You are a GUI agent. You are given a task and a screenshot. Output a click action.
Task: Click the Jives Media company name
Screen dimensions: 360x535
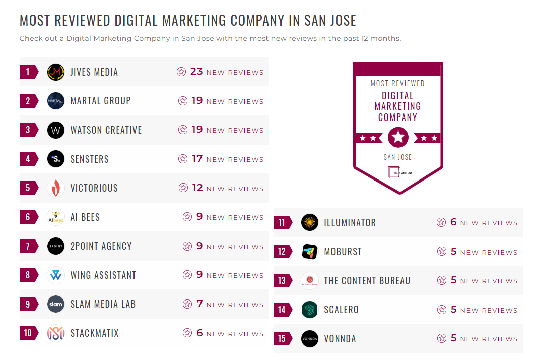(x=94, y=72)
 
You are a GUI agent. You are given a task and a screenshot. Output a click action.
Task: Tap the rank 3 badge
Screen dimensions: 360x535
(x=28, y=130)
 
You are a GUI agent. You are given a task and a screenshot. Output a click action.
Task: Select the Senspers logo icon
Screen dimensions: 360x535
(x=56, y=159)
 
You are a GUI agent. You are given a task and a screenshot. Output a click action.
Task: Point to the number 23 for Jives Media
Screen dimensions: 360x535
(x=196, y=72)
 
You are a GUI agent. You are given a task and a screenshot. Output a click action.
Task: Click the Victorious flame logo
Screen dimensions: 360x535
(x=56, y=188)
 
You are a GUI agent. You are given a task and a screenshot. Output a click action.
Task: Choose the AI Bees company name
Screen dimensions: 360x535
(x=85, y=217)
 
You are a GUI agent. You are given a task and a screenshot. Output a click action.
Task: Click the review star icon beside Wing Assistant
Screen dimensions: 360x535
(x=187, y=275)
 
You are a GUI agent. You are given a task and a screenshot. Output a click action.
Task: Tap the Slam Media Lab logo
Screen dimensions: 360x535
(x=56, y=304)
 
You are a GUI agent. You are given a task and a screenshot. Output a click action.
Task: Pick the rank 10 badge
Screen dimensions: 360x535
(x=28, y=333)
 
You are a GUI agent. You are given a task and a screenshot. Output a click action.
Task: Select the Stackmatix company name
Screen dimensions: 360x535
(x=95, y=333)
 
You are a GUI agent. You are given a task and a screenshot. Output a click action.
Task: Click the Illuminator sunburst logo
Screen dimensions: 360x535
(x=310, y=222)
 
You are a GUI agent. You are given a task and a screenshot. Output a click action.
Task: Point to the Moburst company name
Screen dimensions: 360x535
(x=343, y=252)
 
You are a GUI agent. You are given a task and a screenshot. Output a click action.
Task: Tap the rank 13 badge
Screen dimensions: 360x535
(x=282, y=281)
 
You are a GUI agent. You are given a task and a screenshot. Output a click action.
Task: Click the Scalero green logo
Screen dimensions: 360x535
(x=310, y=310)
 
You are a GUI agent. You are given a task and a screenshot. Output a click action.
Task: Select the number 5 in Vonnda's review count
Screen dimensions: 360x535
(x=453, y=338)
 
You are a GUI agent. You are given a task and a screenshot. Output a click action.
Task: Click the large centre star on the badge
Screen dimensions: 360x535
(x=398, y=137)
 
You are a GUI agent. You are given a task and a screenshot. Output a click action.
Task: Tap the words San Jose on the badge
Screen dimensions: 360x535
(x=397, y=157)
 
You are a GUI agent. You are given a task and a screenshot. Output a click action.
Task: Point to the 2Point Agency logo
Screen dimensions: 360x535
(x=56, y=246)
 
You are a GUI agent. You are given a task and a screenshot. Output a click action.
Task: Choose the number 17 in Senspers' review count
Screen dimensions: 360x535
(x=197, y=159)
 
